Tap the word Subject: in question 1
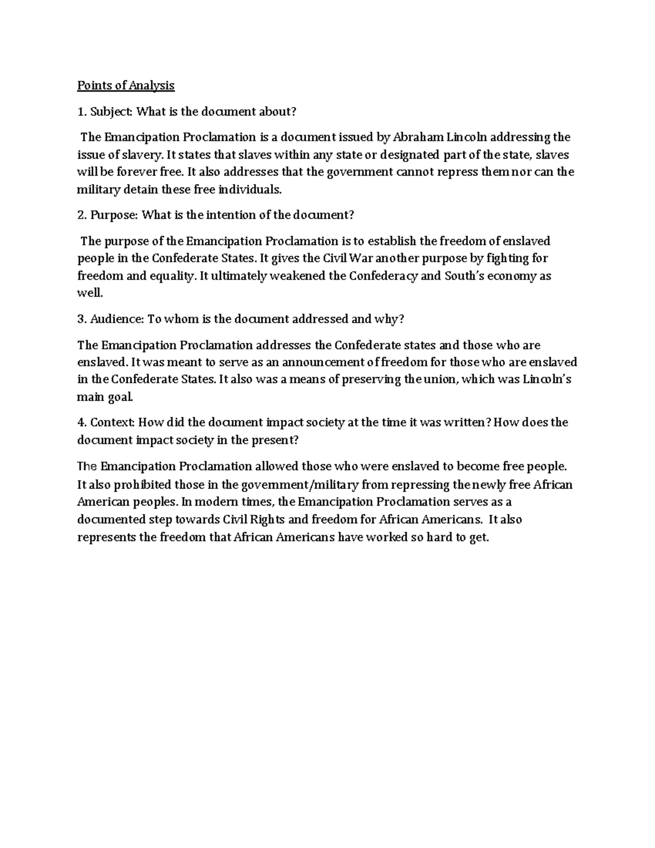tap(111, 111)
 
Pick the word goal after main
tap(120, 397)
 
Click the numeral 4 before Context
tap(81, 423)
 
